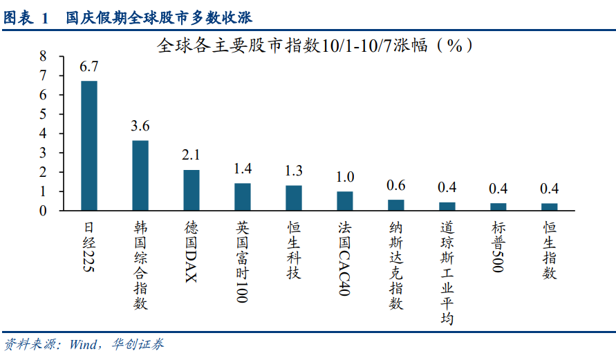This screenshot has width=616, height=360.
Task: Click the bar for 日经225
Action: click(x=89, y=146)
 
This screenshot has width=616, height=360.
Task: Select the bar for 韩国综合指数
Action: click(x=140, y=176)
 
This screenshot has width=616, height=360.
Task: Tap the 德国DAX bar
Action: click(x=192, y=190)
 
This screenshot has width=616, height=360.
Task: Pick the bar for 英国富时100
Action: click(x=243, y=197)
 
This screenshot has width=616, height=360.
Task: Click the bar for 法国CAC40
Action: click(x=345, y=201)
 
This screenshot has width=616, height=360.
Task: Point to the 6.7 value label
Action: click(x=89, y=67)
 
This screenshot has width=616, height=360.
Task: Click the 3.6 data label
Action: click(x=140, y=126)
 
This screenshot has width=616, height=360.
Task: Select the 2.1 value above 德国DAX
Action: click(x=192, y=155)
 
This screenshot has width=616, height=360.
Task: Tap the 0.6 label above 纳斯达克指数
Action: click(x=396, y=184)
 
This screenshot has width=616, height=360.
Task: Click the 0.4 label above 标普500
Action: click(x=498, y=188)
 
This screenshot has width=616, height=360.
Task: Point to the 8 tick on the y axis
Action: click(x=43, y=56)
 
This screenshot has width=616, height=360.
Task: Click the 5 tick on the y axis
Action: click(x=43, y=114)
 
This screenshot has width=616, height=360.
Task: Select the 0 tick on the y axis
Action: click(x=43, y=211)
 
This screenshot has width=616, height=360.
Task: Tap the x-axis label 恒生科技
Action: click(x=294, y=250)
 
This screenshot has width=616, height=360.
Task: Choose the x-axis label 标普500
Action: click(x=498, y=247)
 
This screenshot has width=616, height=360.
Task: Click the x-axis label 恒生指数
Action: click(x=550, y=250)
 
